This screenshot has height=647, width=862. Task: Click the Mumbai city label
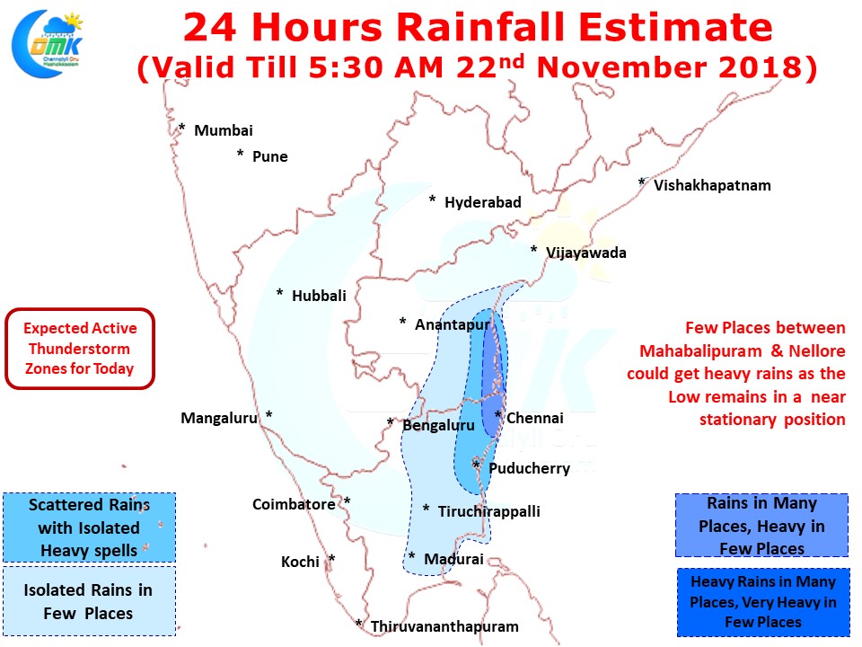pos(224,131)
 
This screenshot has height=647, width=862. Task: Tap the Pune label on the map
pos(270,156)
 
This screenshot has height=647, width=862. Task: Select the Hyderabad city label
pos(483,202)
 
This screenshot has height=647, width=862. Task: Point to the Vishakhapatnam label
pos(712,185)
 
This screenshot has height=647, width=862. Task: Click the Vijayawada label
pos(586,253)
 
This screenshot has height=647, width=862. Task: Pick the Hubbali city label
pos(319,296)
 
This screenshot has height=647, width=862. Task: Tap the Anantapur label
pos(452,324)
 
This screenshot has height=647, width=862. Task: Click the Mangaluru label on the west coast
pos(219,418)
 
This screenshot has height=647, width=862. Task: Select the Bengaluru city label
pos(438,425)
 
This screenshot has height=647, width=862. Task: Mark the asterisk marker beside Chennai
pos(498,415)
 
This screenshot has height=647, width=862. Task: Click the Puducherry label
pos(530,468)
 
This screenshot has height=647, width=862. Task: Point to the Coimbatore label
pos(294,504)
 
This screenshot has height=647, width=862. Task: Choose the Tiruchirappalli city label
pos(488,511)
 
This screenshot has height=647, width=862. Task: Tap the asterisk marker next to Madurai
pos(412,556)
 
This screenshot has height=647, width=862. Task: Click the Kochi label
pos(300,562)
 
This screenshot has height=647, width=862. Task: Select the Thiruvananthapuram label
pos(444,626)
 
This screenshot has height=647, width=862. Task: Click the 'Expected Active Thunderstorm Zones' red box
pos(80,349)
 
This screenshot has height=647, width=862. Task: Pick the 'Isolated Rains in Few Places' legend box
pos(89,601)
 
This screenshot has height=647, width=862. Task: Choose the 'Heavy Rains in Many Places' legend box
pos(763,602)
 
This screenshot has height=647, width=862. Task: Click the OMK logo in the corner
pos(48,43)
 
